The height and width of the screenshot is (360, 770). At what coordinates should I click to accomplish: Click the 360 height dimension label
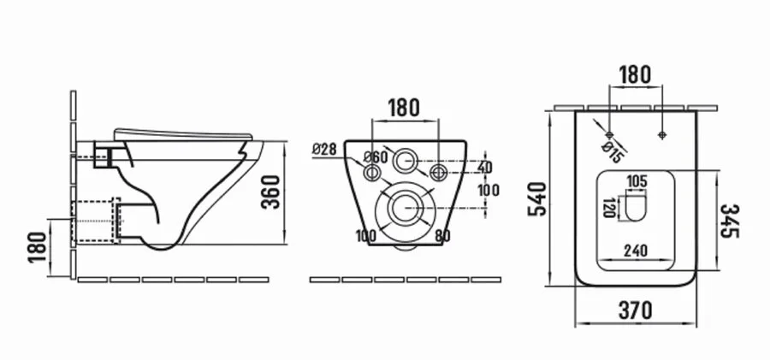[x=270, y=192]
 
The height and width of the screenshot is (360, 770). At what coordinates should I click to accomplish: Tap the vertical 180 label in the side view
[x=38, y=247]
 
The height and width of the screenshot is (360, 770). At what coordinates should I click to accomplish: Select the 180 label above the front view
[x=404, y=108]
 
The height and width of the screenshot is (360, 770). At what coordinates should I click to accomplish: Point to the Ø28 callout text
[x=324, y=149]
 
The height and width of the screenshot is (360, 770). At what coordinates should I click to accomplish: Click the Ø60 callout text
[x=376, y=157]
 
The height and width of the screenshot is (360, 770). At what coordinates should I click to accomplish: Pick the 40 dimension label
[x=484, y=167]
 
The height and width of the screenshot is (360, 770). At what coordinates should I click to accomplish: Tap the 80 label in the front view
[x=442, y=236]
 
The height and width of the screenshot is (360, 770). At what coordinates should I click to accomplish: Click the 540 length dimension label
[x=537, y=198]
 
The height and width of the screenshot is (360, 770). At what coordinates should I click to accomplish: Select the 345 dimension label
[x=730, y=221]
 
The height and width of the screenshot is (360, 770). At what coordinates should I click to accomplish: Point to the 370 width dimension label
[x=636, y=310]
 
